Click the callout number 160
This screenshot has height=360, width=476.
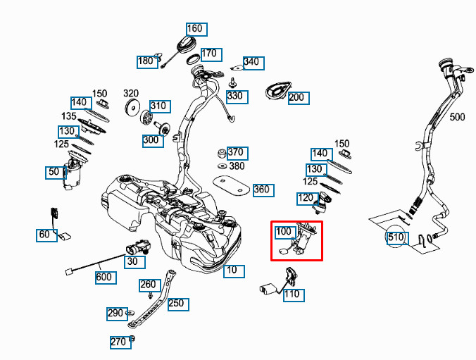tap(194, 29)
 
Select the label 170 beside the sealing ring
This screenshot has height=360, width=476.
tap(210, 54)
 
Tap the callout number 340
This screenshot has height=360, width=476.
tap(251, 62)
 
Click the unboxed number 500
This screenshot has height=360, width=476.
tap(458, 117)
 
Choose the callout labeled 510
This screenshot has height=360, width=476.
tap(396, 237)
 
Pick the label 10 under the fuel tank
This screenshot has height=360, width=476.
tap(233, 271)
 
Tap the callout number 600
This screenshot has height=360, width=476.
tap(104, 277)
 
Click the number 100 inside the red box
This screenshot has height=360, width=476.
tap(284, 231)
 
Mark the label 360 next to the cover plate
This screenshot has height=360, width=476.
tap(262, 190)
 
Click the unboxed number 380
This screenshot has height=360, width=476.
tap(237, 166)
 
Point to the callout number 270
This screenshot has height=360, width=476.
tap(118, 342)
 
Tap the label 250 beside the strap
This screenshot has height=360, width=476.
tap(175, 304)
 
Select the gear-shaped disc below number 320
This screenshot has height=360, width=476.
tap(132, 108)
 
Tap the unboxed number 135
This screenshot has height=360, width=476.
tap(69, 116)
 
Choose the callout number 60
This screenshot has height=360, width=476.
tap(45, 235)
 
